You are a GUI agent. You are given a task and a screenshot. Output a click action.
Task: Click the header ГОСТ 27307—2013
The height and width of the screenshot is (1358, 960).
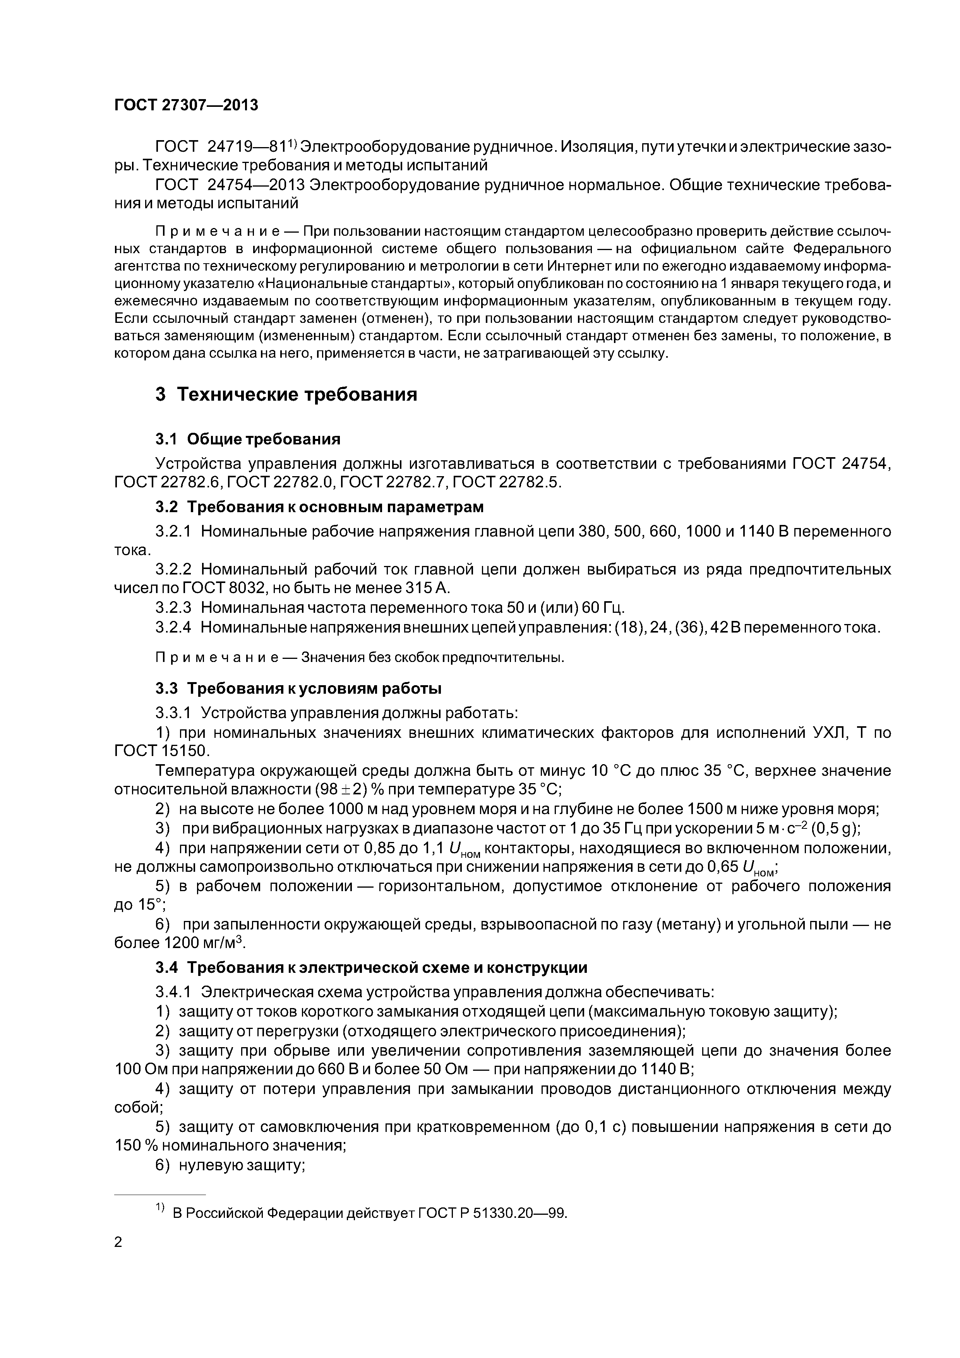tap(186, 105)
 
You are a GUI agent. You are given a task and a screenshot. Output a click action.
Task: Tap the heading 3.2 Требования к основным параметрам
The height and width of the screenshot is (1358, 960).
tap(319, 507)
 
